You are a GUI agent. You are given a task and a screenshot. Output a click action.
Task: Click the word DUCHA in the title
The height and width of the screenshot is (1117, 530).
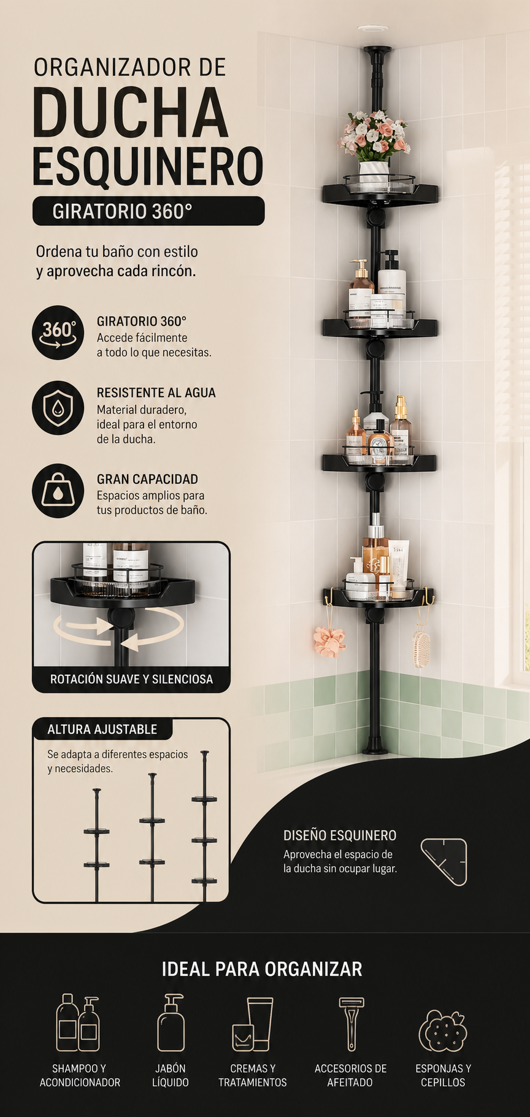pos(131,112)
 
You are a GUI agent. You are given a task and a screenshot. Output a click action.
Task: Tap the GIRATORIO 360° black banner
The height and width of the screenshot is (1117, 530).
pos(148,211)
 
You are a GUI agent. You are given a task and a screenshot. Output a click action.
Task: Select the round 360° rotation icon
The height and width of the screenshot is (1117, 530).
pos(58,332)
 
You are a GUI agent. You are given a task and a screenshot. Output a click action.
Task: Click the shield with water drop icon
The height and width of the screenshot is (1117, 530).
pos(58,407)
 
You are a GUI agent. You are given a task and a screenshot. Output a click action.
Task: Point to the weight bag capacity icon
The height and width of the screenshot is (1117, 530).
pos(58,491)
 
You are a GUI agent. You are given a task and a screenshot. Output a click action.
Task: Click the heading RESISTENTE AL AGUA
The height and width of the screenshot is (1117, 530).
pos(156,393)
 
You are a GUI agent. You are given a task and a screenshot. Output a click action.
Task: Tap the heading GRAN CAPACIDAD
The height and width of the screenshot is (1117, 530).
pos(147,479)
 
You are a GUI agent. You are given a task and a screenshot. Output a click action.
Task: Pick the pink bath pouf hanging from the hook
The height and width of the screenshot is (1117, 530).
pos(329,641)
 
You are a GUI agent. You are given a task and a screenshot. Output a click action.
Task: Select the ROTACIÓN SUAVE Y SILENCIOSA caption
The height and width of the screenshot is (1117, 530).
pos(131,679)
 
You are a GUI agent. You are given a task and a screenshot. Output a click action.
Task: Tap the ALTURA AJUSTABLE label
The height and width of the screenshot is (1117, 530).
pos(102,729)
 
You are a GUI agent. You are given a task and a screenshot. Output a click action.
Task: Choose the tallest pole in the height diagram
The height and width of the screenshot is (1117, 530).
pos(204,826)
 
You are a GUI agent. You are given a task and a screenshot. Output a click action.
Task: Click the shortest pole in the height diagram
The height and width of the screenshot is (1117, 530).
pos(97,845)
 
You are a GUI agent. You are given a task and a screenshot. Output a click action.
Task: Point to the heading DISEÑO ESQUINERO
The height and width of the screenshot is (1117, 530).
pos(340,835)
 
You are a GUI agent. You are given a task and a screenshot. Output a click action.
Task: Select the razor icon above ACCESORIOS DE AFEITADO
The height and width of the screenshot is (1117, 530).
pos(351,1024)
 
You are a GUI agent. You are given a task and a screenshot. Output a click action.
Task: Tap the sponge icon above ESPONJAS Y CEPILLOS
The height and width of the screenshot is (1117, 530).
pos(443,1031)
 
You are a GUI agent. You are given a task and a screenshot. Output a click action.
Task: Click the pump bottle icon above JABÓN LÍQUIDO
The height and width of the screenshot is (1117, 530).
pos(171,1023)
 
